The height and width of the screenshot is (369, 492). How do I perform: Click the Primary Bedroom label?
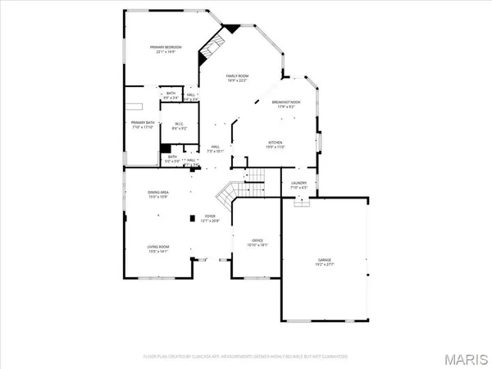tap(165, 48)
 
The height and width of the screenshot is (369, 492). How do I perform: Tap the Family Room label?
tap(238, 76)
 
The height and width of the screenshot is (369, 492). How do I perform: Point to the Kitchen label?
tap(274, 142)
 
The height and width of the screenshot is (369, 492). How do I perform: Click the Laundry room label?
tap(298, 184)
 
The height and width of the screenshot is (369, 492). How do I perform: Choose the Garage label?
tap(325, 261)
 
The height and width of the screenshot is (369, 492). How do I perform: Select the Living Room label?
tap(157, 247)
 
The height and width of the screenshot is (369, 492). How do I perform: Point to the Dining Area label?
tap(158, 193)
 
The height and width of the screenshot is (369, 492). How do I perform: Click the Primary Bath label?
tap(143, 124)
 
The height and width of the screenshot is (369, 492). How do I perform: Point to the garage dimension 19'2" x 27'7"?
tap(325, 266)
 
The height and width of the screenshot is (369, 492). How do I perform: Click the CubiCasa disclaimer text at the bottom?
tap(245, 357)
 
